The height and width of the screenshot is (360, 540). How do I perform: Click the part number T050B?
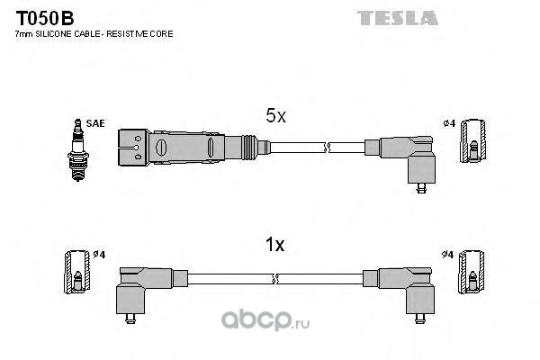(x=45, y=18)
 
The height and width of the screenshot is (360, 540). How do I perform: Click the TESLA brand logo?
(x=398, y=18)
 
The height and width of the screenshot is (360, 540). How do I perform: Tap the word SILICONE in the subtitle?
(x=53, y=34)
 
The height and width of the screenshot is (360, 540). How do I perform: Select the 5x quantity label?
(x=275, y=116)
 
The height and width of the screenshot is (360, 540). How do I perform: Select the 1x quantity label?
(x=274, y=245)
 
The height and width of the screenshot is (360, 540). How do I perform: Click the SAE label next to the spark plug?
(x=95, y=123)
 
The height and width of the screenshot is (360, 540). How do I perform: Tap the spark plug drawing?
(x=78, y=150)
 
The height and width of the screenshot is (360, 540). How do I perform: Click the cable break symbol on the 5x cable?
(x=327, y=148)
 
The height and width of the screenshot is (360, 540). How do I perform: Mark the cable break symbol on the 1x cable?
(x=274, y=279)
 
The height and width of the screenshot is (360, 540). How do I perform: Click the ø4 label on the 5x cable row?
(x=449, y=123)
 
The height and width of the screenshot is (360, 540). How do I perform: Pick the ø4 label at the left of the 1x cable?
(x=99, y=255)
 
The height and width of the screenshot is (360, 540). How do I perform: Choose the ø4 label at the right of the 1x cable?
(x=447, y=255)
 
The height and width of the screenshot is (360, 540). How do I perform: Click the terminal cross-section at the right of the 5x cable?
(x=473, y=141)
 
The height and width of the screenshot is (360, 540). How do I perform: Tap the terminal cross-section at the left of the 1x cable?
(x=77, y=272)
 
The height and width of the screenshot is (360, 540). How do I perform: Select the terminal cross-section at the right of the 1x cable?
(x=471, y=272)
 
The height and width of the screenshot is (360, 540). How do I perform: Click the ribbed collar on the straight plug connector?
(x=249, y=148)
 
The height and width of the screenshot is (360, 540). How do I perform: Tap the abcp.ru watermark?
(x=265, y=320)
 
